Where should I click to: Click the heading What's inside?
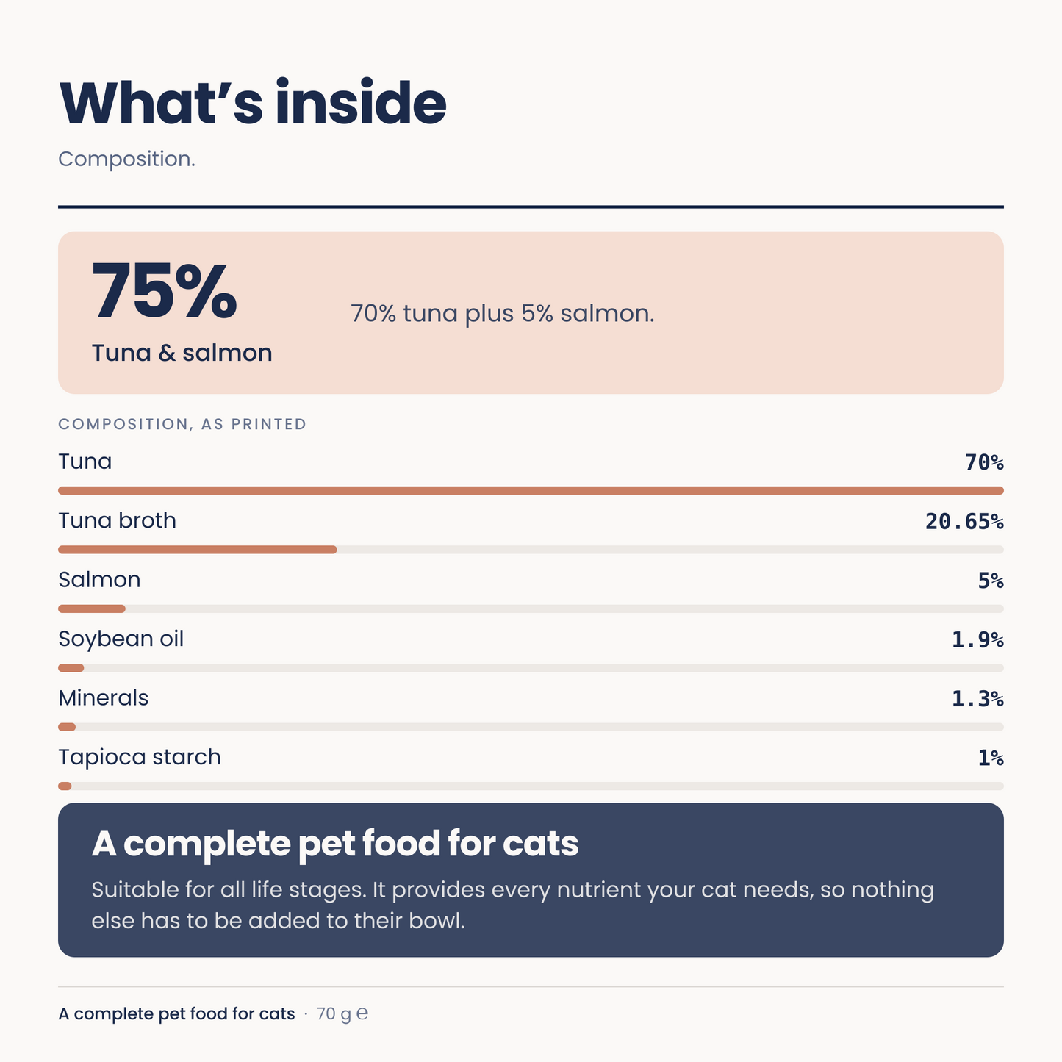click(x=252, y=103)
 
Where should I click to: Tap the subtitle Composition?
click(x=126, y=159)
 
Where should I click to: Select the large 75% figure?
click(x=164, y=290)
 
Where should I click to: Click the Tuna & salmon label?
click(x=182, y=353)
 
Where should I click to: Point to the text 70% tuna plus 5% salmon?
click(x=502, y=314)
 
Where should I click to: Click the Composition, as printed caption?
click(x=182, y=424)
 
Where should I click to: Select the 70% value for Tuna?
click(x=984, y=462)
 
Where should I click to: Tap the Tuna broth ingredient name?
click(x=118, y=521)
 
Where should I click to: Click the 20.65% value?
click(x=964, y=521)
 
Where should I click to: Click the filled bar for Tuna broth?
click(x=197, y=550)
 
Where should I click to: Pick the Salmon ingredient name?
click(x=99, y=580)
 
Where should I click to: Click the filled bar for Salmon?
click(x=92, y=609)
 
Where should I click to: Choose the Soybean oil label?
click(x=121, y=639)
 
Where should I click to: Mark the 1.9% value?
click(x=977, y=640)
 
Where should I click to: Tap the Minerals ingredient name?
click(x=104, y=698)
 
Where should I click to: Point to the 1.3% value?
click(x=977, y=699)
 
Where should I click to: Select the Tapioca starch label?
click(x=140, y=758)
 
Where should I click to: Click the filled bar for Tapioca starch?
click(x=65, y=786)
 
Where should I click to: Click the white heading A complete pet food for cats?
click(x=335, y=844)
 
